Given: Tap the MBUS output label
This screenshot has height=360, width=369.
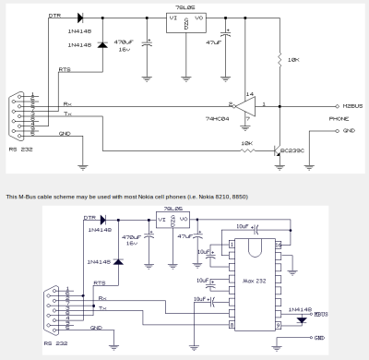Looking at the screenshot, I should pyautogui.click(x=321, y=314).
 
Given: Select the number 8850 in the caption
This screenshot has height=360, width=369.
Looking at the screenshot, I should pyautogui.click(x=238, y=197).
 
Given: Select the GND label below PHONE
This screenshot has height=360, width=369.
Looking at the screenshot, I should pyautogui.click(x=348, y=130).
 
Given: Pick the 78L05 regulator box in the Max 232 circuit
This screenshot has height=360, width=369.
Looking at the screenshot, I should pyautogui.click(x=173, y=222).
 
